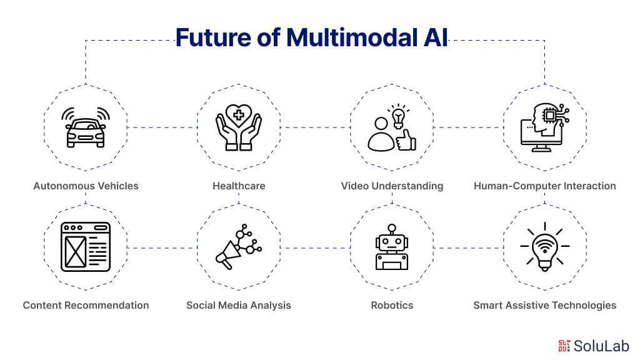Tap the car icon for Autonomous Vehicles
pyautogui.click(x=86, y=127)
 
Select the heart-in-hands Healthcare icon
pyautogui.click(x=239, y=127)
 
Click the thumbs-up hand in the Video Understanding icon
pyautogui.click(x=406, y=141)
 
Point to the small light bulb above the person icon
pyautogui.click(x=398, y=116)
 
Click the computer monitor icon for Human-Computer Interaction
pyautogui.click(x=545, y=127)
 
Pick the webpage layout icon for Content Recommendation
pyautogui.click(x=86, y=247)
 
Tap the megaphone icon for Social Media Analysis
pyautogui.click(x=239, y=247)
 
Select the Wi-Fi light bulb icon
pyautogui.click(x=545, y=247)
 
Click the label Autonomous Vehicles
pyautogui.click(x=86, y=186)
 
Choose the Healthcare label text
pyautogui.click(x=239, y=186)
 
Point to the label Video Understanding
pyautogui.click(x=392, y=186)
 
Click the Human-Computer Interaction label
pyautogui.click(x=545, y=186)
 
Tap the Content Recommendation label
pyautogui.click(x=86, y=305)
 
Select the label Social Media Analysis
pyautogui.click(x=239, y=305)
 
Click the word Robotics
pyautogui.click(x=392, y=305)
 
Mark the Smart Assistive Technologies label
pyautogui.click(x=545, y=305)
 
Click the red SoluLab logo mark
pyautogui.click(x=564, y=346)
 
